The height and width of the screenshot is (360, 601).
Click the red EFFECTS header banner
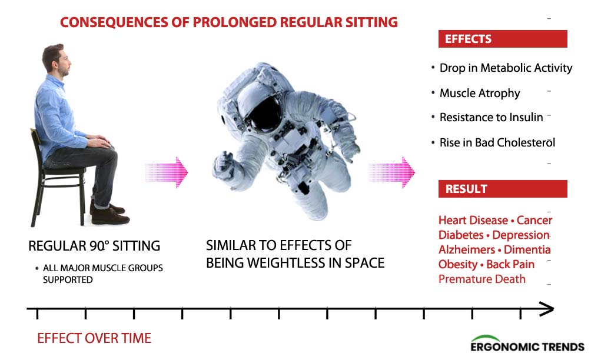pos(503,39)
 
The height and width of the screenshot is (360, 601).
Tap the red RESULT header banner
pos(503,189)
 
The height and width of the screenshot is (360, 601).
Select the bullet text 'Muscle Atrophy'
pos(480,93)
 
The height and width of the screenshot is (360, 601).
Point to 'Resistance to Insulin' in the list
pos(491,117)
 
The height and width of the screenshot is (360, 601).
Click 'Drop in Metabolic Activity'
pos(506,68)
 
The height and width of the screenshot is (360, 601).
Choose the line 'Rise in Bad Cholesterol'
pos(497,142)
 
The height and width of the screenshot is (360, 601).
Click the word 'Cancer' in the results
pos(534,220)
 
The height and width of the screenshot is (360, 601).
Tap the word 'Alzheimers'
pos(466,249)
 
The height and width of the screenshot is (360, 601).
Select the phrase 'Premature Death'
pos(482,279)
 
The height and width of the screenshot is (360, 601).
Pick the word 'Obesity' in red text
pos(457,264)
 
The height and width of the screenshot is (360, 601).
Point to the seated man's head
pos(56,61)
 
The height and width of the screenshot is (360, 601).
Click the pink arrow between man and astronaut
pos(167,172)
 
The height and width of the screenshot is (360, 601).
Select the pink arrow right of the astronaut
pos(391,172)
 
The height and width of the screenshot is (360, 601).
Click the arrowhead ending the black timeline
pos(547,309)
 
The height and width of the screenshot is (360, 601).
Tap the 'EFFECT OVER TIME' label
pos(94,338)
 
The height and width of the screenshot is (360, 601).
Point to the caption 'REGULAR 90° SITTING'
pos(94,246)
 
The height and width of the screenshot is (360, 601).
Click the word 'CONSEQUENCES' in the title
pos(114,22)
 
